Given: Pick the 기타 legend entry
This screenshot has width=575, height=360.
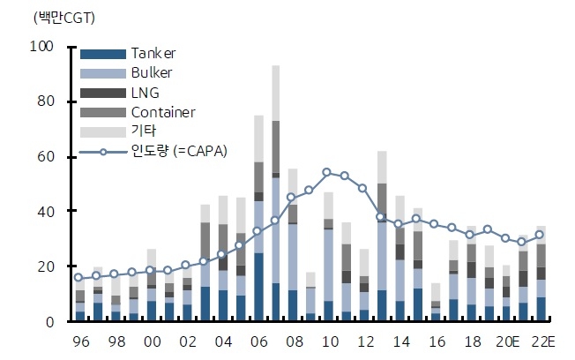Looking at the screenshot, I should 141,131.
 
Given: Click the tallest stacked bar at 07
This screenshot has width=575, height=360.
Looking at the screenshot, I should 276,194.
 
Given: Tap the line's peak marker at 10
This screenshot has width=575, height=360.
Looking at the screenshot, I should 327,172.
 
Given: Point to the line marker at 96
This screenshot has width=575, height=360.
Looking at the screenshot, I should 79,278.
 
